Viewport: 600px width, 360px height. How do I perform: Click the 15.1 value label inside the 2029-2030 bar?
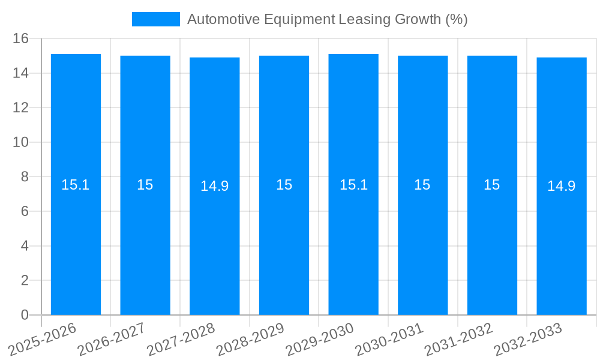[353, 185]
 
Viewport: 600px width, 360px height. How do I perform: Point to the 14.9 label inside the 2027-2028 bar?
[215, 186]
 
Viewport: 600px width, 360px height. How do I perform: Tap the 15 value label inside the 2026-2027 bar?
[145, 185]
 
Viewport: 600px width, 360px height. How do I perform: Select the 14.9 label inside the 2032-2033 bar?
[562, 186]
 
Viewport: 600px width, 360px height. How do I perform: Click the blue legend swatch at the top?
[156, 19]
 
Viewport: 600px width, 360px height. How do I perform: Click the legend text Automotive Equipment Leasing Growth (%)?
[327, 19]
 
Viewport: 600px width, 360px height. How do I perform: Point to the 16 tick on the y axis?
[21, 38]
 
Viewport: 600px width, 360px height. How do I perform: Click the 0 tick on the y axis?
[25, 315]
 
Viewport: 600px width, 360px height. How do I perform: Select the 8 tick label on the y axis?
[25, 177]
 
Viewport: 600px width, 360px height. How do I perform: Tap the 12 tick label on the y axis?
[21, 108]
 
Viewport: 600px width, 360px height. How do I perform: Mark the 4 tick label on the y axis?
[25, 246]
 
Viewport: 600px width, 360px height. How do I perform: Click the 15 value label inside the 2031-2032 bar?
[492, 185]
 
